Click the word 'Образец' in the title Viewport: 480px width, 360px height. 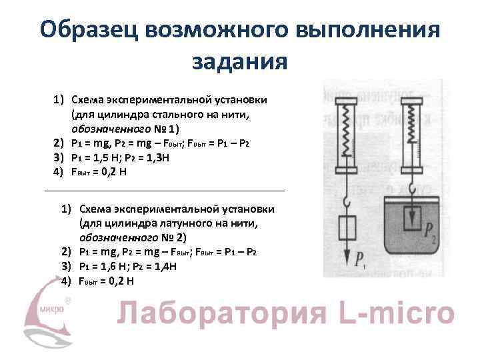point(87,29)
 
